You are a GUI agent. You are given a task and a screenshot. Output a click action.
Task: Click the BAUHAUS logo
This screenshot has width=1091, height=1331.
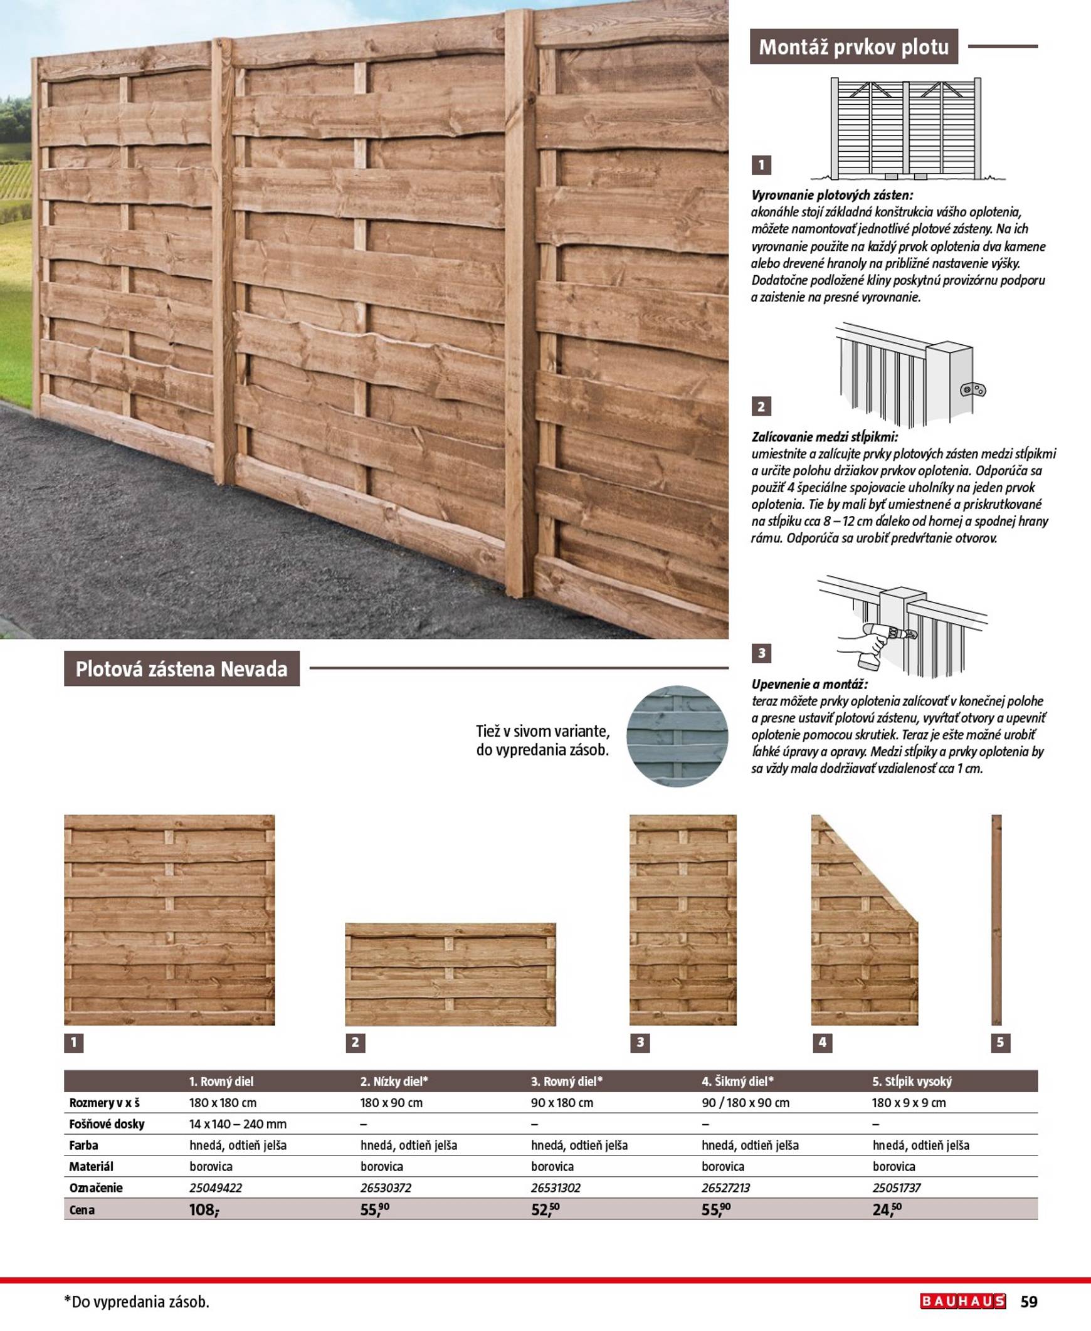tap(962, 1301)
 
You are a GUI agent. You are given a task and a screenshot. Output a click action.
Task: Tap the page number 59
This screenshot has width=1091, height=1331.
tap(1029, 1302)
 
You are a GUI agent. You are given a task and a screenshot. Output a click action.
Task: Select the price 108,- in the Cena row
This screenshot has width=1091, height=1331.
tap(204, 1210)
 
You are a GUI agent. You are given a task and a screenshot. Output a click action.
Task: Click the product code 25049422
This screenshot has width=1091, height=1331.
tap(216, 1187)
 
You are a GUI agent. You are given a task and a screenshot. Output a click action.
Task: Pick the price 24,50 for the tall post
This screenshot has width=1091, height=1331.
tap(887, 1210)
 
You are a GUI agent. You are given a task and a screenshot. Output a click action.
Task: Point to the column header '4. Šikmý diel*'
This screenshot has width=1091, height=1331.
tap(737, 1081)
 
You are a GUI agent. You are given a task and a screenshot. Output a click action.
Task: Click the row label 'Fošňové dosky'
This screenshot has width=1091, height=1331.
tap(107, 1123)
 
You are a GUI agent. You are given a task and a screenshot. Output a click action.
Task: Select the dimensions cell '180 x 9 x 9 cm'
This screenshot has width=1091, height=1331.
tap(908, 1102)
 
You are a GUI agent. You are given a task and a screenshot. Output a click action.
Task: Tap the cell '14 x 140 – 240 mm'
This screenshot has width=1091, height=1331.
tap(238, 1123)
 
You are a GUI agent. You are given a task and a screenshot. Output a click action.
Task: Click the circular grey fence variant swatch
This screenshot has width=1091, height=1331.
tap(677, 736)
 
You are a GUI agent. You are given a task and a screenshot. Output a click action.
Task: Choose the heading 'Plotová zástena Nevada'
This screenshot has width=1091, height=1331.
tap(182, 669)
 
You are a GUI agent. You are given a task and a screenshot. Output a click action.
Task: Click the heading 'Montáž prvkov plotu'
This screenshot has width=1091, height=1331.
tap(853, 47)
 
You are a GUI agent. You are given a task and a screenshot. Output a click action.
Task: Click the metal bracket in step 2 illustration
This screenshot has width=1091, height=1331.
tap(974, 390)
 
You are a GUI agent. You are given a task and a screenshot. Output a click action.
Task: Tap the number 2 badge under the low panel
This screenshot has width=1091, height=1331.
tap(355, 1043)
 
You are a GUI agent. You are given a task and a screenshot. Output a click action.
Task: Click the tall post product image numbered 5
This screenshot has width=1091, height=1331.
tap(996, 920)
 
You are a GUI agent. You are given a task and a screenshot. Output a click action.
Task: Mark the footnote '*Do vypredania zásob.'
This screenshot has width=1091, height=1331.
tap(137, 1302)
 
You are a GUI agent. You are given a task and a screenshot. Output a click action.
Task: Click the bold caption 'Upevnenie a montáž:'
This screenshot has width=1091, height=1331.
tap(809, 684)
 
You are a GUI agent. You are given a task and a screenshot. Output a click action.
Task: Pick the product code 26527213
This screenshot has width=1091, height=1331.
tap(725, 1187)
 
